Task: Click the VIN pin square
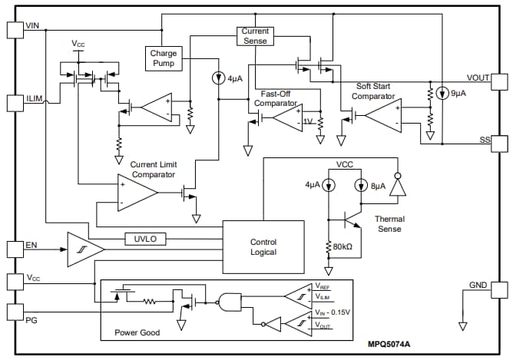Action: (x=14, y=29)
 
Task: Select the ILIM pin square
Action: (x=14, y=102)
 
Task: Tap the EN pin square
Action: (x=14, y=249)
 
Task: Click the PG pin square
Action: (x=14, y=312)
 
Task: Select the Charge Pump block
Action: (x=164, y=58)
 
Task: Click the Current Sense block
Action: (x=255, y=35)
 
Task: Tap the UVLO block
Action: (x=145, y=239)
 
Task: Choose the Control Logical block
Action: (x=263, y=247)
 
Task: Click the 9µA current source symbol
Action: (x=442, y=94)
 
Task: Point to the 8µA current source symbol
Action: (x=362, y=186)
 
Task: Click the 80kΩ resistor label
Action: (x=343, y=247)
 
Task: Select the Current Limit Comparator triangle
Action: (x=136, y=190)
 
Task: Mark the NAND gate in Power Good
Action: (x=230, y=302)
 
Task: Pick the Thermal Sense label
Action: (x=389, y=223)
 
